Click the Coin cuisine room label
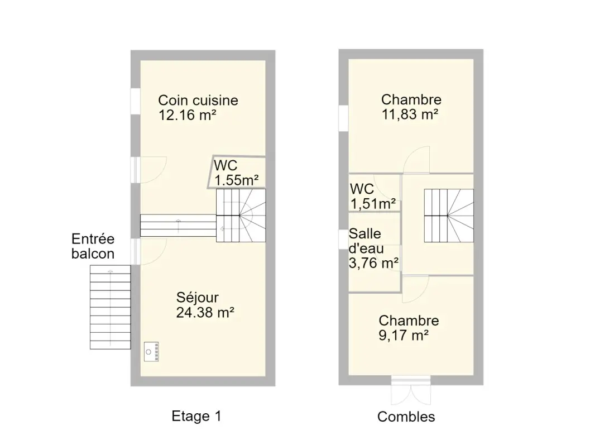pos(198,101)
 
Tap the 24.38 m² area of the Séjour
pos(205,312)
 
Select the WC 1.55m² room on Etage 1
pos(237,173)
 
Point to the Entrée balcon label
pos(93,246)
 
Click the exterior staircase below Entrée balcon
pos(111,307)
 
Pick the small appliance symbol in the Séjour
pos(151,352)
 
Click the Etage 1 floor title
pos(196,416)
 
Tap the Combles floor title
pos(406,417)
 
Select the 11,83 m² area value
pos(410,114)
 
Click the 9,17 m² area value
pos(404,336)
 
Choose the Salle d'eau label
pos(366,241)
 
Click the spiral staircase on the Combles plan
pos(449,216)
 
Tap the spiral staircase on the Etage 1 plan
pos(241,216)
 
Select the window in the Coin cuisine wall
pos(136,102)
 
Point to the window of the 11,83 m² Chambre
pos(343,118)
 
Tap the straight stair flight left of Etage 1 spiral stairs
pos(178,226)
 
